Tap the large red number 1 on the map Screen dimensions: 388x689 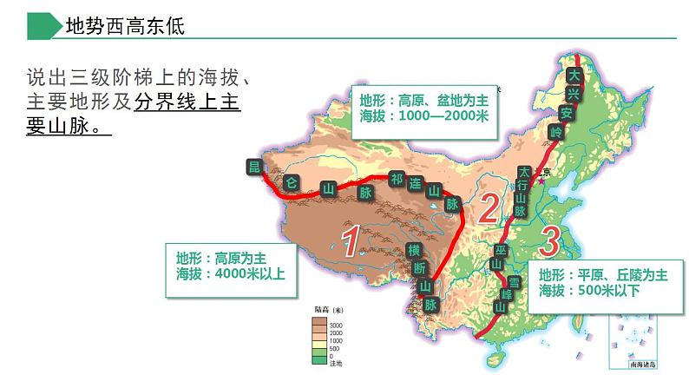click(x=350, y=241)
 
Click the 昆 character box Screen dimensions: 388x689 click(x=254, y=167)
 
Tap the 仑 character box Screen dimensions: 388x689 click(x=292, y=182)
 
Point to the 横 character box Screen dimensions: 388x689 click(x=414, y=250)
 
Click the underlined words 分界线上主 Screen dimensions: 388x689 click(x=187, y=102)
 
